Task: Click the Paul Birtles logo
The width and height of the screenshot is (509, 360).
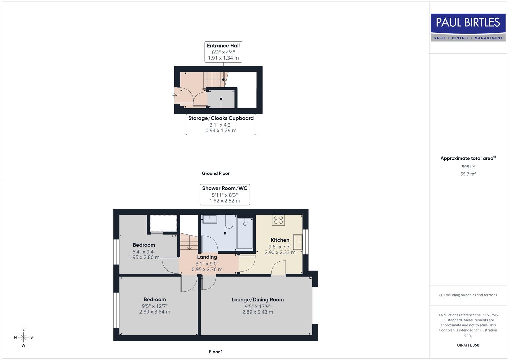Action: [x=468, y=27]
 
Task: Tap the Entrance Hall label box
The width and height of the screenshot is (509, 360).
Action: [x=223, y=52]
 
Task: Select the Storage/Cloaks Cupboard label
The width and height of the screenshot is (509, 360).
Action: [x=221, y=124]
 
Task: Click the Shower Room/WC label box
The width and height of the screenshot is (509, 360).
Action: [x=225, y=194]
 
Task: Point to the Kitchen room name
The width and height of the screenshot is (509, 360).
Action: [x=280, y=240]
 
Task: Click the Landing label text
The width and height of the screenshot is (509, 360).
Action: [x=207, y=257]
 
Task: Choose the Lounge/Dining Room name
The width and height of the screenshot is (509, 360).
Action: [x=257, y=300]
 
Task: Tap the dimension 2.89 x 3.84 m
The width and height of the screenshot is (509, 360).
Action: [x=155, y=312]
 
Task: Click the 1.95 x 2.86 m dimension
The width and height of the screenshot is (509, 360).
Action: [x=144, y=258]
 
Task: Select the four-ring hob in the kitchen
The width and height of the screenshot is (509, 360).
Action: [x=278, y=220]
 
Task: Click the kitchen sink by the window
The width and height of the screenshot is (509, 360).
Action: [x=298, y=242]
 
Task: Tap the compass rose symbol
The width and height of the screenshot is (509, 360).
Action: [x=23, y=337]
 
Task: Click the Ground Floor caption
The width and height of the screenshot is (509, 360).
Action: [x=216, y=173]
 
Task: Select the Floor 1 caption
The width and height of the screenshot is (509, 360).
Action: [x=216, y=352]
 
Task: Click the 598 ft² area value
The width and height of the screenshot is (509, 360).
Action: [x=468, y=167]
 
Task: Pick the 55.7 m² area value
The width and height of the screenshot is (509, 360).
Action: [x=468, y=174]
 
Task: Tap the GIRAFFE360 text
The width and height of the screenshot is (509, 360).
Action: [x=468, y=345]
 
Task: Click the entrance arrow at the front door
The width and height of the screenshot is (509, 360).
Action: [x=175, y=96]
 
